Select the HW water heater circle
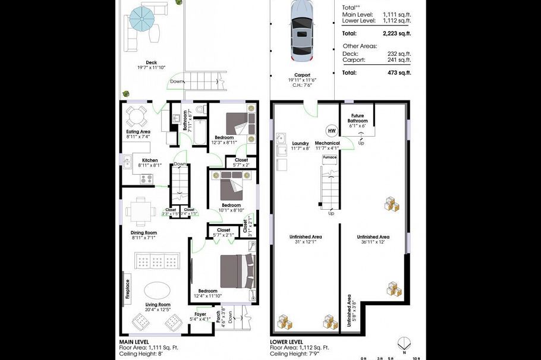(331, 130)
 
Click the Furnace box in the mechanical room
(329, 157)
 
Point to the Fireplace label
(127, 289)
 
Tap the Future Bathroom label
(358, 118)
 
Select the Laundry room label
(301, 143)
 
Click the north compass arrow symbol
(404, 343)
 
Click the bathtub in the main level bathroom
(200, 132)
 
